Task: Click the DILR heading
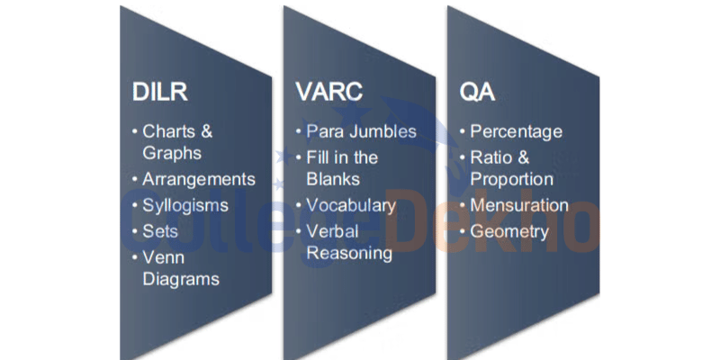click(x=160, y=93)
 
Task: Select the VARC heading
click(x=329, y=93)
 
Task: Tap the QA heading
click(x=477, y=93)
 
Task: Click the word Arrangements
click(x=199, y=179)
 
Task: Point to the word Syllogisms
click(x=185, y=206)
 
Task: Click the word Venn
click(x=164, y=257)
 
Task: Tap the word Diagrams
click(x=181, y=279)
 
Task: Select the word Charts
click(x=168, y=131)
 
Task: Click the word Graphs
click(x=172, y=153)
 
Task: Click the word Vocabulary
click(x=351, y=206)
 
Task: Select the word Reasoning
click(x=349, y=254)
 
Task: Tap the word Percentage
click(x=516, y=132)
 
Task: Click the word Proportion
click(x=512, y=179)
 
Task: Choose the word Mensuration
click(x=519, y=205)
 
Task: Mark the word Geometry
click(x=509, y=232)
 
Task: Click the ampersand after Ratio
click(x=523, y=157)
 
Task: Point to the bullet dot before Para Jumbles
click(x=299, y=131)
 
